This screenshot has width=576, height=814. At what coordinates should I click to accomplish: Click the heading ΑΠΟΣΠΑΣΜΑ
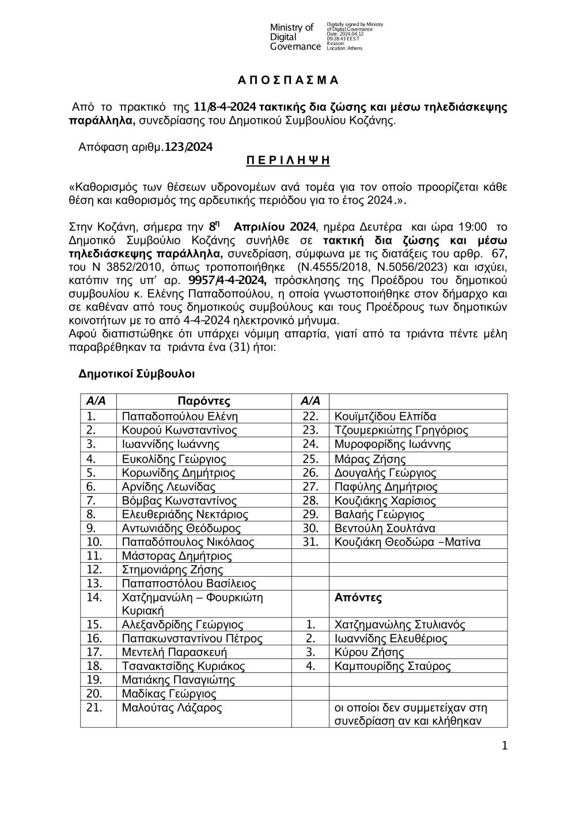[x=288, y=80]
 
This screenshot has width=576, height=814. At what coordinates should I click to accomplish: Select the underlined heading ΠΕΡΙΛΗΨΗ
[x=288, y=161]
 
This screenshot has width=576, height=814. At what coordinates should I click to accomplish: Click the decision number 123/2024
[x=188, y=147]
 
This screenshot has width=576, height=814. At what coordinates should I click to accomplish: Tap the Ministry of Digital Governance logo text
[x=295, y=37]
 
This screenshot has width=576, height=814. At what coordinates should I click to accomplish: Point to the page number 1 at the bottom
[x=505, y=746]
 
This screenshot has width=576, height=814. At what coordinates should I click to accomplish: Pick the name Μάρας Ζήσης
[x=370, y=459]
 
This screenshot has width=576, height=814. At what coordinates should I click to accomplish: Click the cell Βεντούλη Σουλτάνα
[x=385, y=528]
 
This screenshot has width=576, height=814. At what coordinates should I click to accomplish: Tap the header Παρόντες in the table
[x=204, y=402]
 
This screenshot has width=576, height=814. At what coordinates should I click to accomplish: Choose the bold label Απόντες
[x=358, y=597]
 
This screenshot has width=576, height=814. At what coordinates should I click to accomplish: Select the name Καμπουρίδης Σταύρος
[x=392, y=667]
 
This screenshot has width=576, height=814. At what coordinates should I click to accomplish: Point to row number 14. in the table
[x=94, y=597]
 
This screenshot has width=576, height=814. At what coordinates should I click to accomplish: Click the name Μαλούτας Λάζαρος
[x=172, y=708]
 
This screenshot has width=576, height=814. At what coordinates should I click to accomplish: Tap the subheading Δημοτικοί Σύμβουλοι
[x=137, y=374]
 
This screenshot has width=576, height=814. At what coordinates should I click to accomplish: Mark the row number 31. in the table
[x=310, y=542]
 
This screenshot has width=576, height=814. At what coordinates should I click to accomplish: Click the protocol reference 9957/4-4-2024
[x=227, y=281]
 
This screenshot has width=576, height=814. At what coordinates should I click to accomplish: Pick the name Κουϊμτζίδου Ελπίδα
[x=385, y=417]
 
